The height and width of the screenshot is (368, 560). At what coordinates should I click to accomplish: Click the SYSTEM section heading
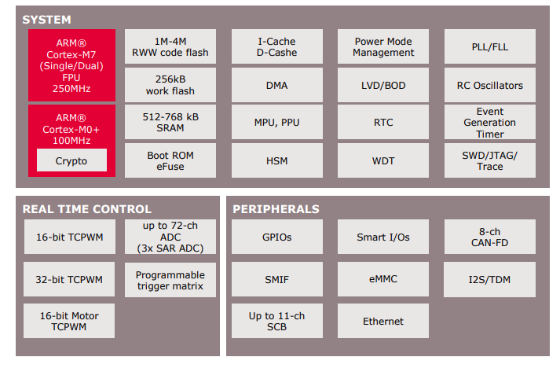coord(46,19)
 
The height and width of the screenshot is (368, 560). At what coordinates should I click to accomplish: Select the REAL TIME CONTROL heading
coord(86,209)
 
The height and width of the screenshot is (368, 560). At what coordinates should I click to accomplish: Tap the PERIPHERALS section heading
coord(276,209)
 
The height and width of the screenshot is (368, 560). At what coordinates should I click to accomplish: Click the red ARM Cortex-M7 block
coord(71,65)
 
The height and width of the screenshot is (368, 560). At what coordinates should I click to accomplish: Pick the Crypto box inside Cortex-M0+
coord(71,161)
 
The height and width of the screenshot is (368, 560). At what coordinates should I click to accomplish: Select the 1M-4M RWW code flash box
coord(170,47)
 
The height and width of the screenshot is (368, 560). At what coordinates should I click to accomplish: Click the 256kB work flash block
coord(170,85)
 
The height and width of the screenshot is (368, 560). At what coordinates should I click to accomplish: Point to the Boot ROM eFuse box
coord(170,161)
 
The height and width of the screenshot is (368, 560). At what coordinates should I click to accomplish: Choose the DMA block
coord(276,85)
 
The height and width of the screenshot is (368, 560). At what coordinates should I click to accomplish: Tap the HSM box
coord(276,161)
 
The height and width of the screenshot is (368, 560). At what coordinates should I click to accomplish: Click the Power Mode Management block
coord(383,47)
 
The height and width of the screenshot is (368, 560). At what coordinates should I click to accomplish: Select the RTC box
coord(383,123)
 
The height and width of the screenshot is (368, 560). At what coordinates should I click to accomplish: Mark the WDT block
coord(383,161)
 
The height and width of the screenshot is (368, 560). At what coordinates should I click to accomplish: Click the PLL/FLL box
coord(490,47)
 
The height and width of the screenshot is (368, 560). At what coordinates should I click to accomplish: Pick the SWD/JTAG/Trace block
coord(490,161)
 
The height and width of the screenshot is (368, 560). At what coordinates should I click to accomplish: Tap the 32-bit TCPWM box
coord(69,278)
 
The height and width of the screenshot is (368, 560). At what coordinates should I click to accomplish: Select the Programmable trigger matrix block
coord(170,280)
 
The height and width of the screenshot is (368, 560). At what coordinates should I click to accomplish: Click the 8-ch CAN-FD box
coord(490,237)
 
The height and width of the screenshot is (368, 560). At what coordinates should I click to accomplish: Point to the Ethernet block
coord(383,322)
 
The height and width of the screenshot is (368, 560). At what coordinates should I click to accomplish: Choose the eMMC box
coord(383,278)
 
